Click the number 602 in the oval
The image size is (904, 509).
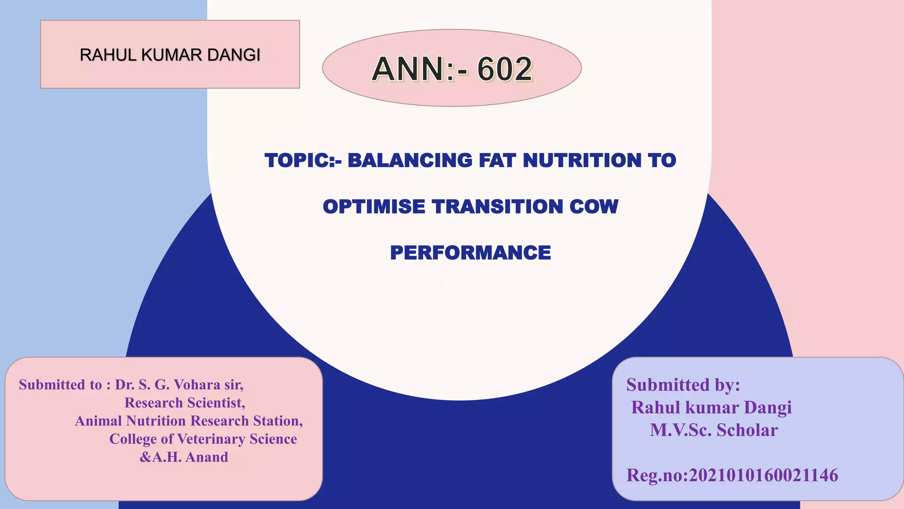coord(505,69)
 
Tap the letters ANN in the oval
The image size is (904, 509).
coord(408,69)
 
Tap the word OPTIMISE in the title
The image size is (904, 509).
coord(374,207)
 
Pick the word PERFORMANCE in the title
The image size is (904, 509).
coord(471,253)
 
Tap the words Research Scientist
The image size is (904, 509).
coord(185,403)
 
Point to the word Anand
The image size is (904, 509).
coord(207,457)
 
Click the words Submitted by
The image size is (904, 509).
coord(683,385)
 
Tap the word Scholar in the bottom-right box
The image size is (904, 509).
coord(747,430)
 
